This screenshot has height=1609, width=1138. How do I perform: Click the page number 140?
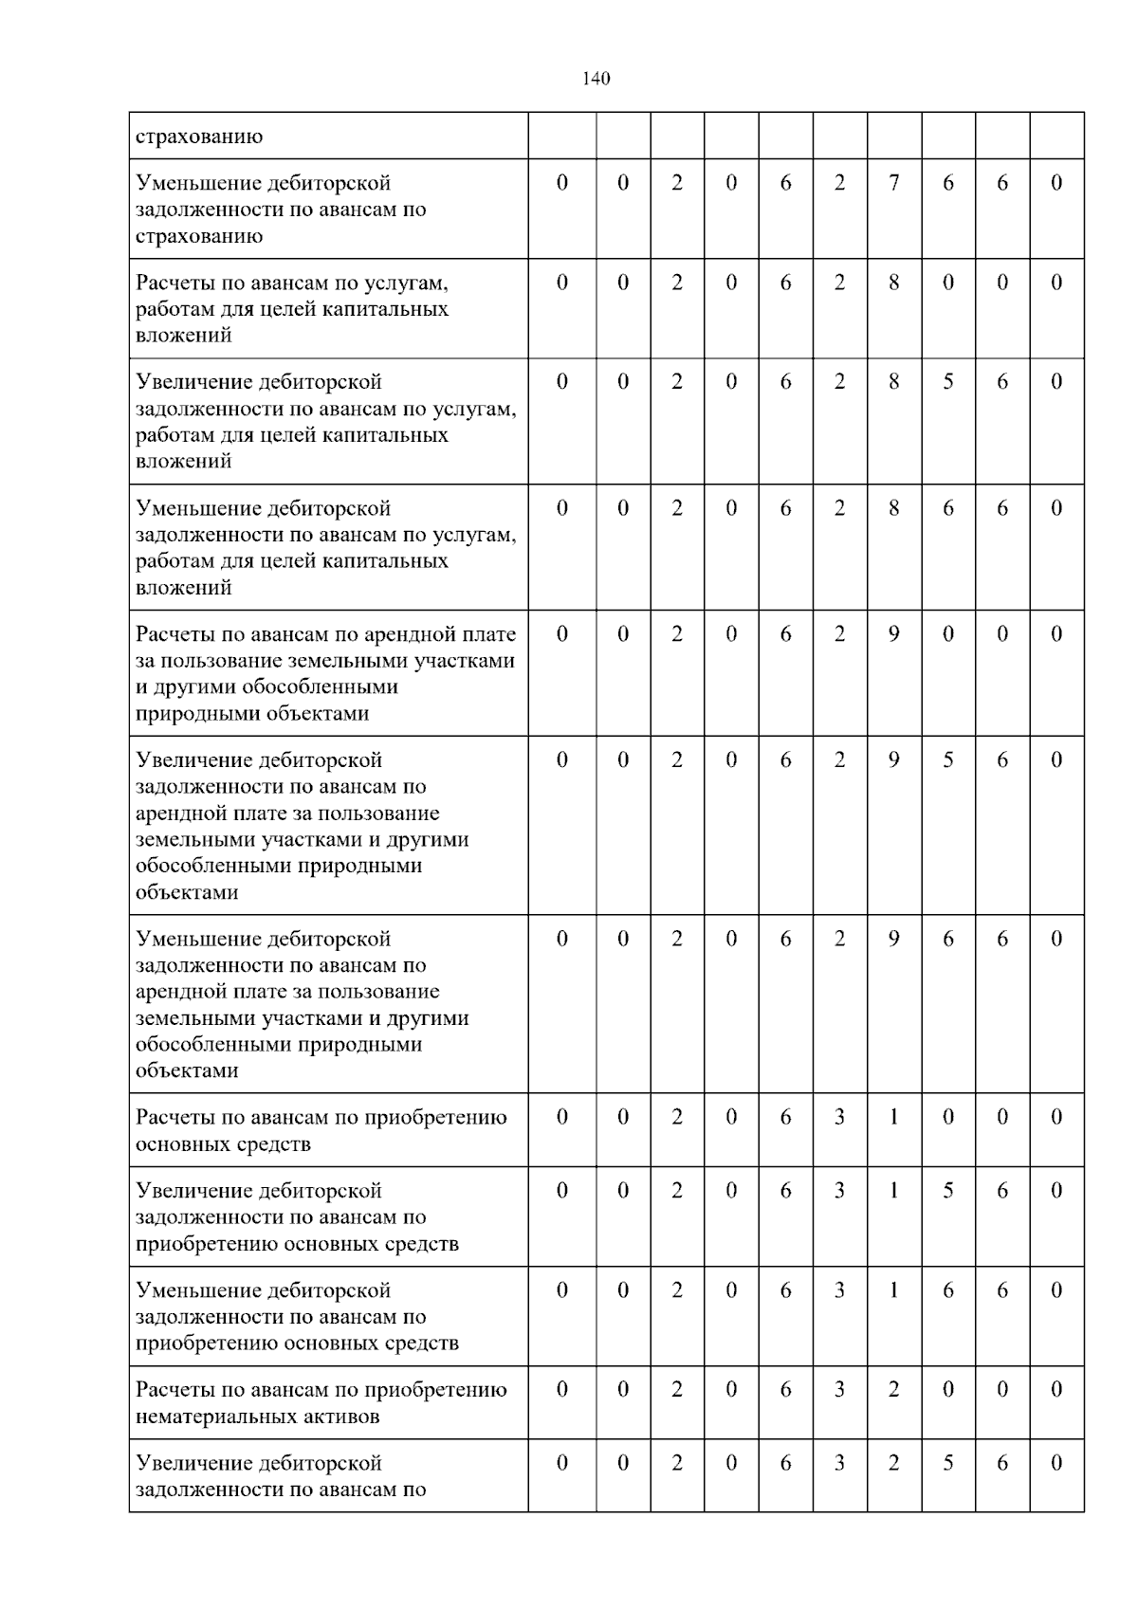[x=596, y=79]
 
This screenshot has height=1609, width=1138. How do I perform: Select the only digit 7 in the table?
[x=893, y=183]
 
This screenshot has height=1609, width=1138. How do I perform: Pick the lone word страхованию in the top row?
[x=199, y=137]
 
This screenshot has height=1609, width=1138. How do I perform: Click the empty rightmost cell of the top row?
[x=1056, y=136]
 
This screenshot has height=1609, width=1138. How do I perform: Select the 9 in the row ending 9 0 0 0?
[x=893, y=634]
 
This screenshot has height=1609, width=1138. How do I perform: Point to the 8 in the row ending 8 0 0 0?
[x=893, y=283]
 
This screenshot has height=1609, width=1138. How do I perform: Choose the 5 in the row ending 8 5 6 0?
[x=947, y=382]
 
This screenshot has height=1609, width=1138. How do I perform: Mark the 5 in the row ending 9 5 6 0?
[x=947, y=760]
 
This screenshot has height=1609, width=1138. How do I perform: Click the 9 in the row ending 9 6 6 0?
[x=893, y=939]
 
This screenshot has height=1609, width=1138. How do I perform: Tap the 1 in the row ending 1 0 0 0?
[x=893, y=1117]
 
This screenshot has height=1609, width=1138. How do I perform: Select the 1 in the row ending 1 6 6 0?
[x=893, y=1290]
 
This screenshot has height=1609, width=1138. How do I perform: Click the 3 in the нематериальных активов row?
[x=839, y=1390]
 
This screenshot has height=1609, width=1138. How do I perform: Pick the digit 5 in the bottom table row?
[x=947, y=1463]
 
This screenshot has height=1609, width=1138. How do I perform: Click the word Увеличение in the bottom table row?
[x=197, y=1463]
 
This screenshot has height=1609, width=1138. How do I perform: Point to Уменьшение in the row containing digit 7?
[x=199, y=183]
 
